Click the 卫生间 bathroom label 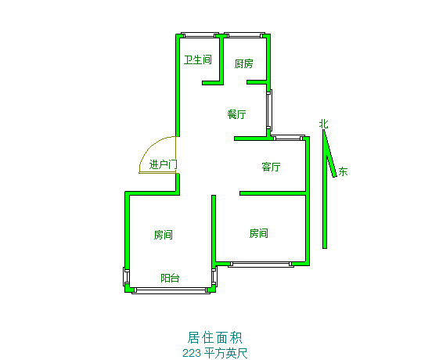198,59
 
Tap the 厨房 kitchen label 244,63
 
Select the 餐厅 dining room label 237,114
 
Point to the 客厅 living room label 271,167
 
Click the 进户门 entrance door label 164,164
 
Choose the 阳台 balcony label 170,278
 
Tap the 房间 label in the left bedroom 164,235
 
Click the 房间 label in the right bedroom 259,233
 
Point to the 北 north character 324,124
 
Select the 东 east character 343,171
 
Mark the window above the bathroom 200,35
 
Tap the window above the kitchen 245,35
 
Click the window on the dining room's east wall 269,110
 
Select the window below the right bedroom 261,264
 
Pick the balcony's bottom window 171,290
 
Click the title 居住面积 214,337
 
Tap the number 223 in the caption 192,353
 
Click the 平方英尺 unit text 225,353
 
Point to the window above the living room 289,138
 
